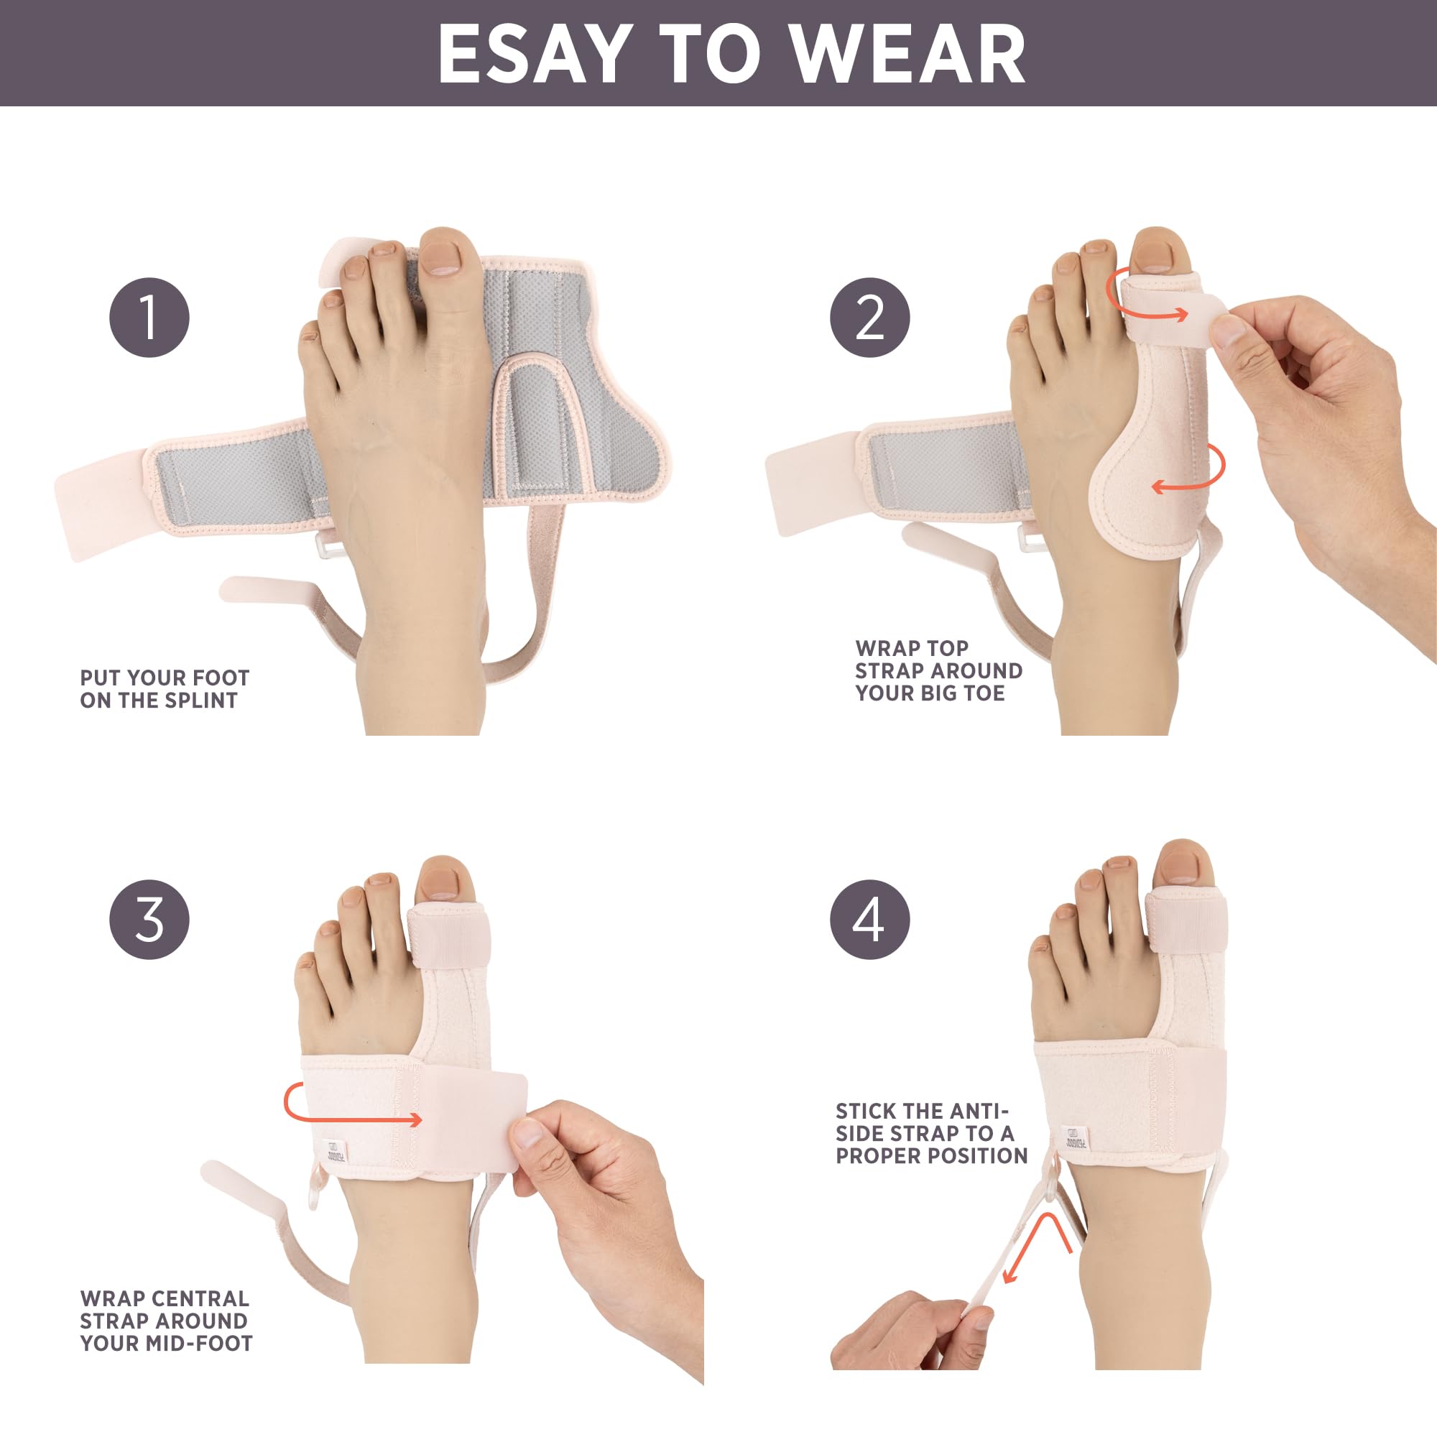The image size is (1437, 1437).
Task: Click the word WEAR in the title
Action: coord(907,54)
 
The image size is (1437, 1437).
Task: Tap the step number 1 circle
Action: coord(149,318)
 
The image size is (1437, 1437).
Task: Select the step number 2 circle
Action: coord(870,318)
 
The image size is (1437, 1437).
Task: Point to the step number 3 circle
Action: coord(149,920)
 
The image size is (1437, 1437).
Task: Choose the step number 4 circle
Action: coord(870,920)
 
